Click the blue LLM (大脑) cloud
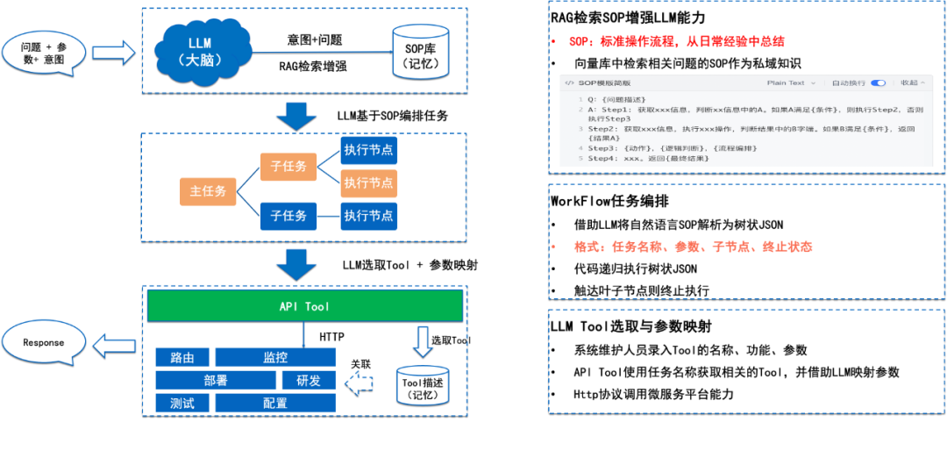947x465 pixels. point(201,52)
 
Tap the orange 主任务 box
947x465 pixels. point(208,191)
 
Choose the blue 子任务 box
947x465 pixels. point(288,216)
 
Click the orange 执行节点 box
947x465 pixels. point(368,182)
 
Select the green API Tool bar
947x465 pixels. point(304,306)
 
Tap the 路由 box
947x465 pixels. point(182,358)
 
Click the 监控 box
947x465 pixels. point(275,358)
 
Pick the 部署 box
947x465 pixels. point(216,381)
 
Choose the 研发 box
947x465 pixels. point(309,381)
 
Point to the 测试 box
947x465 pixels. point(182,404)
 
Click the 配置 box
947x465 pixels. point(275,404)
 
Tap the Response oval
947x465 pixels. point(44,343)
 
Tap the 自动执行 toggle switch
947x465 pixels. point(878,83)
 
